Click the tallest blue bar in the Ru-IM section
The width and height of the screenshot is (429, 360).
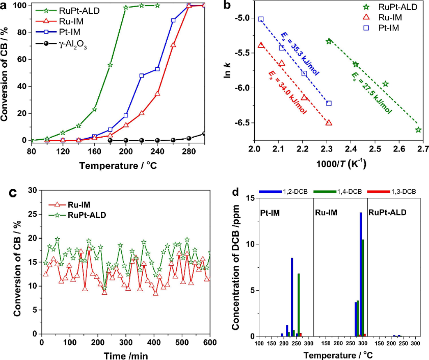pyautogui.click(x=361, y=274)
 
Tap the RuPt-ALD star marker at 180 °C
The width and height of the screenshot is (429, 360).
pyautogui.click(x=110, y=65)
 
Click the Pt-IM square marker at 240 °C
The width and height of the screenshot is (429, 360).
pyautogui.click(x=157, y=69)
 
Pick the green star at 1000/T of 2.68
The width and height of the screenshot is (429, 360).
pyautogui.click(x=418, y=130)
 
